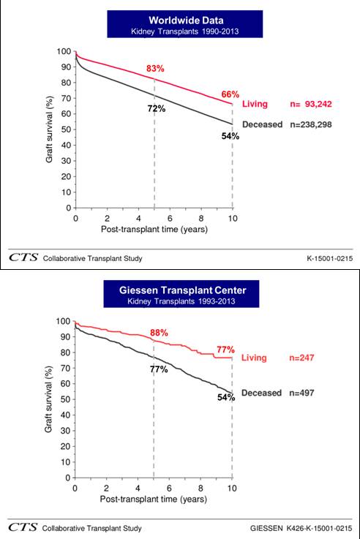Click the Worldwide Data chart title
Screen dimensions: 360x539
click(x=186, y=20)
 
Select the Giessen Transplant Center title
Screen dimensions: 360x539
click(x=183, y=290)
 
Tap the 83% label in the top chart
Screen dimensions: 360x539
click(x=155, y=69)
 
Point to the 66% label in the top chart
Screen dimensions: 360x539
click(x=230, y=94)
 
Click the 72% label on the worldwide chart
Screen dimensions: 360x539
click(x=157, y=109)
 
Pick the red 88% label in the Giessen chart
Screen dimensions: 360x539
click(x=159, y=333)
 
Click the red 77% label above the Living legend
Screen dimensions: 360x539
click(x=225, y=350)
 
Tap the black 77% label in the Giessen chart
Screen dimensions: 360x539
click(x=159, y=369)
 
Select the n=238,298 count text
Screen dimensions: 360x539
click(x=311, y=124)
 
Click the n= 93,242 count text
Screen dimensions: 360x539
click(x=311, y=104)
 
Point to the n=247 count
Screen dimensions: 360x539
click(x=301, y=358)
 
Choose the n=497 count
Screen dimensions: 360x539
click(x=301, y=393)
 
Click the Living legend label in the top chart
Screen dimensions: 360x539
click(x=255, y=104)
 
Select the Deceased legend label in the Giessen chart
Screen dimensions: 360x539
click(x=261, y=393)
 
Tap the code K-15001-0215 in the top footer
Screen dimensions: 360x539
click(x=330, y=258)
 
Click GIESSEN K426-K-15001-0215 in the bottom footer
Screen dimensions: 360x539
click(x=301, y=528)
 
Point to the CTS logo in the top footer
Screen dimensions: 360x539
click(x=23, y=257)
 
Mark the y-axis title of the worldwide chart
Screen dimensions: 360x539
click(x=50, y=129)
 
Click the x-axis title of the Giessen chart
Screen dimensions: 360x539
click(x=154, y=499)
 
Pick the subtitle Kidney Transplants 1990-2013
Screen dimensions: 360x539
click(x=185, y=31)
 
